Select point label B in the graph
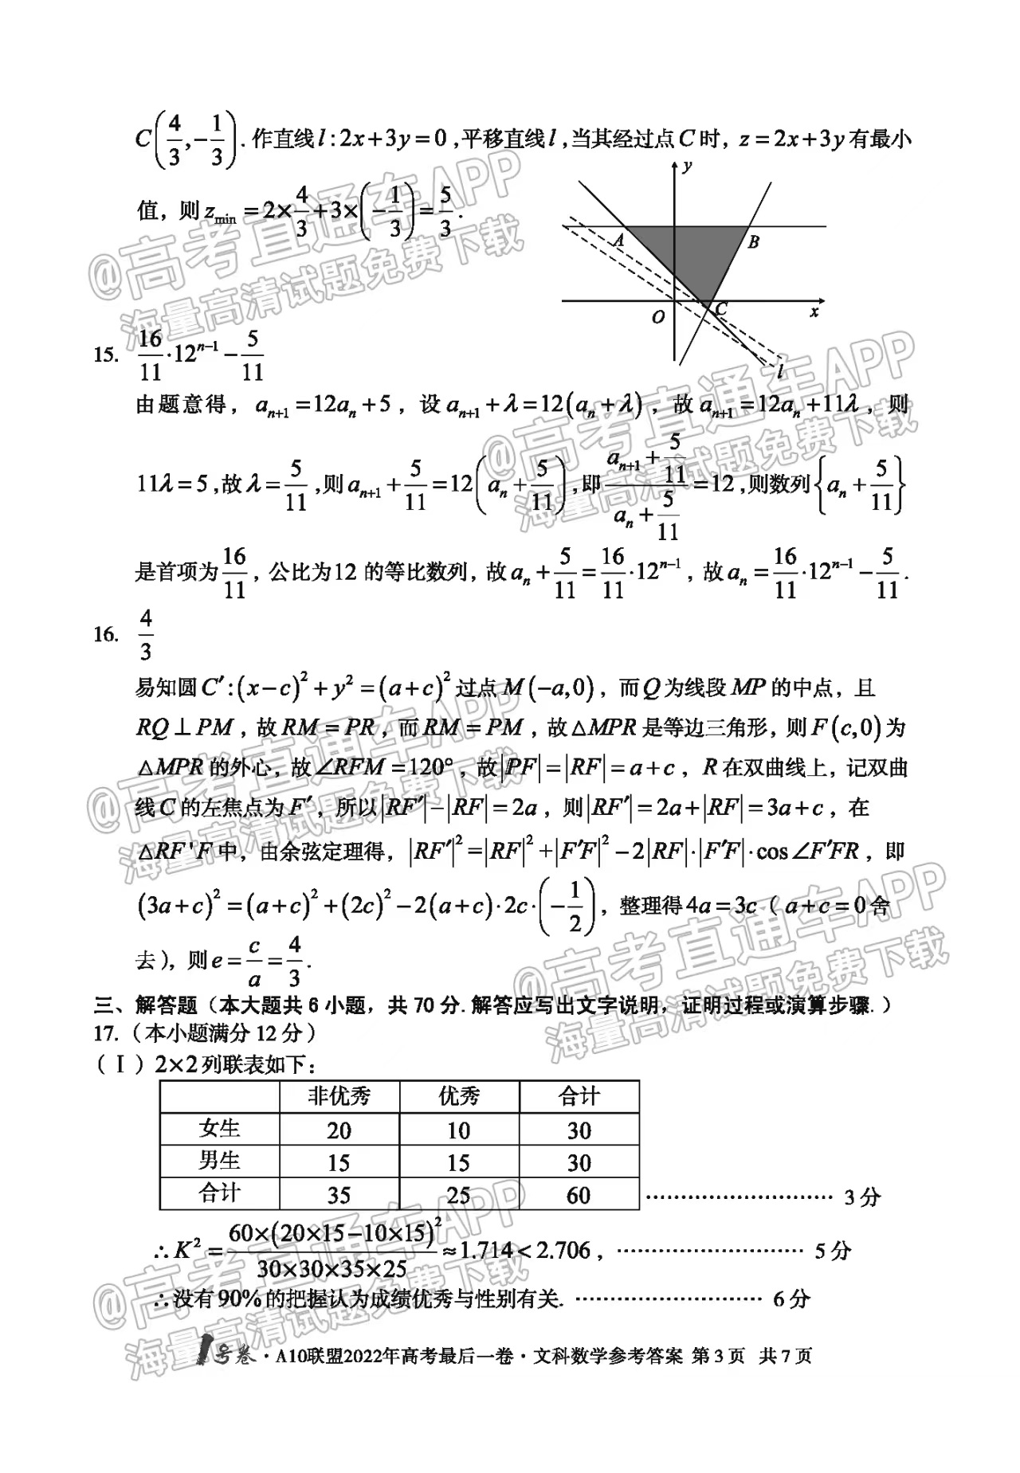[753, 241]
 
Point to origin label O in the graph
[657, 317]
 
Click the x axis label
[814, 311]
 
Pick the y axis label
[687, 166]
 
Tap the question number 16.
[106, 634]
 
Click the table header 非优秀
[339, 1097]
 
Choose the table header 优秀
[459, 1097]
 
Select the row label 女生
[220, 1129]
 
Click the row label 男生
[220, 1161]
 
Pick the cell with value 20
[339, 1130]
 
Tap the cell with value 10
[459, 1130]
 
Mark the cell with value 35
[339, 1195]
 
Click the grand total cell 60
[579, 1195]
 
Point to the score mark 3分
[861, 1197]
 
